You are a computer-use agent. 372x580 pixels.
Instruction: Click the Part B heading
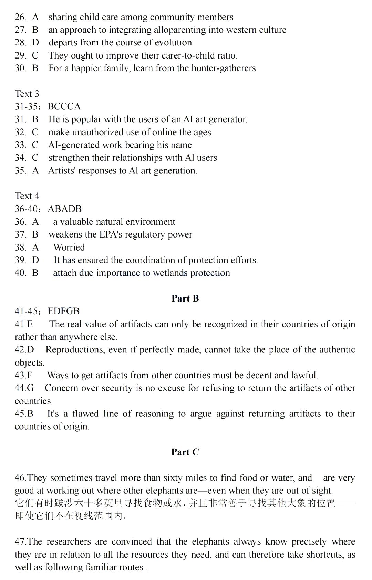coord(185,298)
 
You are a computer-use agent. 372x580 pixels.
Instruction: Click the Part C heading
coord(185,452)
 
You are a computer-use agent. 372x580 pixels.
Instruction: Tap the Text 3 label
coord(27,94)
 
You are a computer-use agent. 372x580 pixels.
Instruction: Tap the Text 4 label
coord(27,196)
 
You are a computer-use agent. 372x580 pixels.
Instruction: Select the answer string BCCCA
coord(64,106)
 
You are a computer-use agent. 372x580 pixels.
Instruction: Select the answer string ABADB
coord(65,209)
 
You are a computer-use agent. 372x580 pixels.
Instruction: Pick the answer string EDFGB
coord(64,311)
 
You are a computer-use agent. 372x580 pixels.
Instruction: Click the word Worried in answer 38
coord(69,247)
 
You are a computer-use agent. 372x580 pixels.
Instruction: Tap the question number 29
coord(20,55)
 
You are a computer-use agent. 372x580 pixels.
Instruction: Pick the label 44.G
coord(24,388)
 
